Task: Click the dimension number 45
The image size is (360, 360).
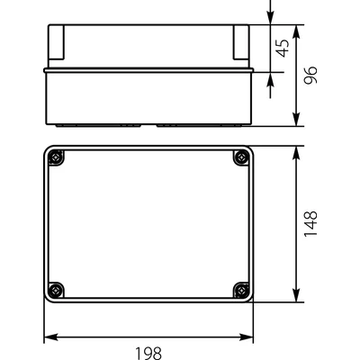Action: point(282,47)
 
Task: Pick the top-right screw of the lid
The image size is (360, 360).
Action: point(240,158)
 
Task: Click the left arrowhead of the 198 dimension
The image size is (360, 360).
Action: point(49,338)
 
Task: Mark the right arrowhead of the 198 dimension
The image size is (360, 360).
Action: point(247,338)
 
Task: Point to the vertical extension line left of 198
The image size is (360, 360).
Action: point(44,324)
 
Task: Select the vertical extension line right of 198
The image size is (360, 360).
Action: point(254,324)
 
